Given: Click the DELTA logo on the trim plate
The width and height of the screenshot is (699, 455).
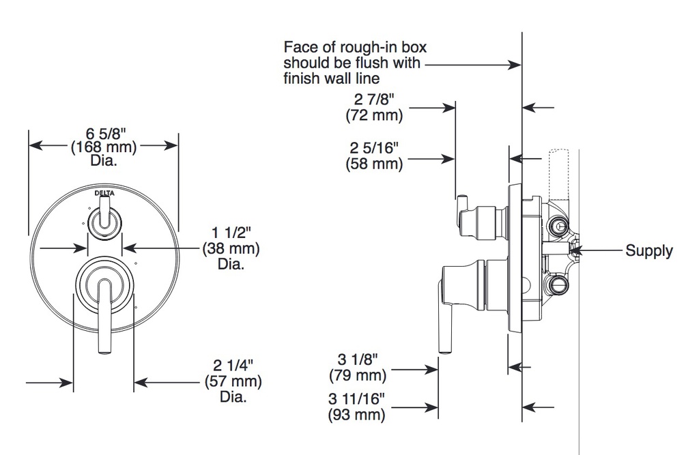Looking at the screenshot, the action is point(104,193).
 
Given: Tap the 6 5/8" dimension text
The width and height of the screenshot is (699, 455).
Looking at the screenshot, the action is point(106,133).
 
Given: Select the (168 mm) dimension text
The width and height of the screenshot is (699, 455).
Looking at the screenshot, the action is point(104,147).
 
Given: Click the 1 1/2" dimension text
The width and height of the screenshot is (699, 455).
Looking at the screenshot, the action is point(231,232).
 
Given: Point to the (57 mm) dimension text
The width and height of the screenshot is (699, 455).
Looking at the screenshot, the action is point(233,381).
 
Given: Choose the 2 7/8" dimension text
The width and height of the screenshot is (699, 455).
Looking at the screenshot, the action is point(375,99).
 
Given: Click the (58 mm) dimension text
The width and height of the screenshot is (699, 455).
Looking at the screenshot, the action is point(374,164).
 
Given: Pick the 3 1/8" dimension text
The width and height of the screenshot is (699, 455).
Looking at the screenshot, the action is point(358,359).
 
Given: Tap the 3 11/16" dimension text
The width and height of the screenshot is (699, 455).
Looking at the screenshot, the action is point(356,398).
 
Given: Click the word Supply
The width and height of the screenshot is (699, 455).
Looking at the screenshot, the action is point(649,250).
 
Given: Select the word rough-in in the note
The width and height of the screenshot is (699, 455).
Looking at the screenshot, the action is point(363,47).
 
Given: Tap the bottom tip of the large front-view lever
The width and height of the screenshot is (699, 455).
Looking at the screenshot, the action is point(104,353).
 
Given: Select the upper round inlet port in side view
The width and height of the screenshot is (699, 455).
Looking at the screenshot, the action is point(558,225).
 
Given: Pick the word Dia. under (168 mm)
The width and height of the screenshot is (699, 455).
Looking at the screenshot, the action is point(104,160).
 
